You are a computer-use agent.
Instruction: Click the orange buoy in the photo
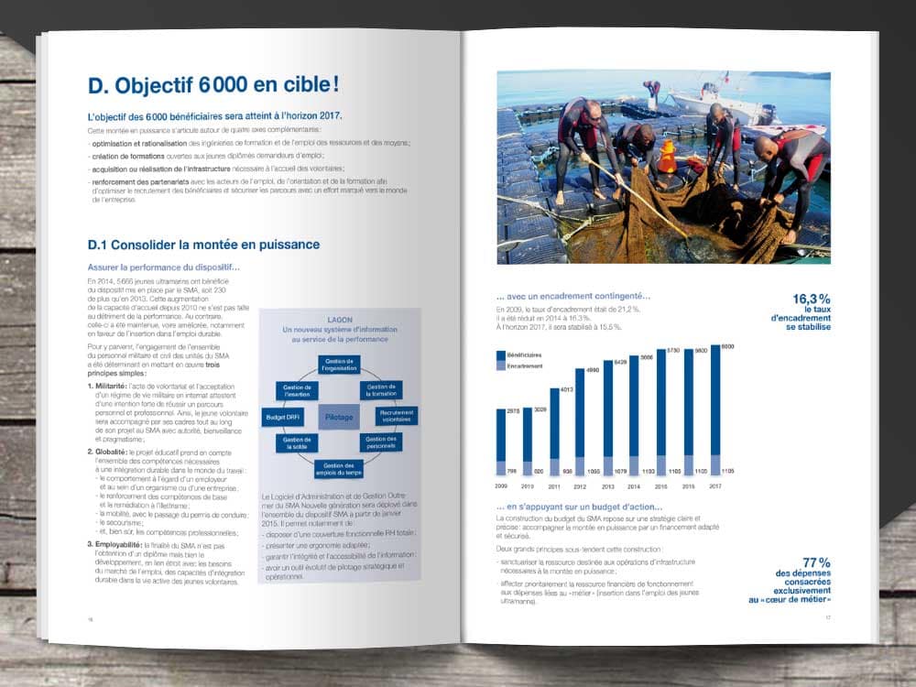click(x=667, y=158)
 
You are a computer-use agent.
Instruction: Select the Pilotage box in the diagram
click(x=338, y=417)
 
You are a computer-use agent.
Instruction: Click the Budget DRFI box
click(x=280, y=417)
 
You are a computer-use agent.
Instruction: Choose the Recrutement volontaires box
click(x=396, y=416)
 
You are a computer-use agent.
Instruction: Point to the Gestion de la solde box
click(x=295, y=444)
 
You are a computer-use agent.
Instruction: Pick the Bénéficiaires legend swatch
click(x=500, y=354)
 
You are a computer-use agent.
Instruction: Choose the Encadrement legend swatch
click(x=500, y=365)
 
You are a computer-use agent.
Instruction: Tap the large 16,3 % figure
click(x=812, y=299)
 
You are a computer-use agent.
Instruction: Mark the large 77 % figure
click(x=816, y=562)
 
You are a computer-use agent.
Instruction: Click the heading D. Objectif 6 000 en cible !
click(x=213, y=86)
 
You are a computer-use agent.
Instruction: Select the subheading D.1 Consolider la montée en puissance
click(x=203, y=245)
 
